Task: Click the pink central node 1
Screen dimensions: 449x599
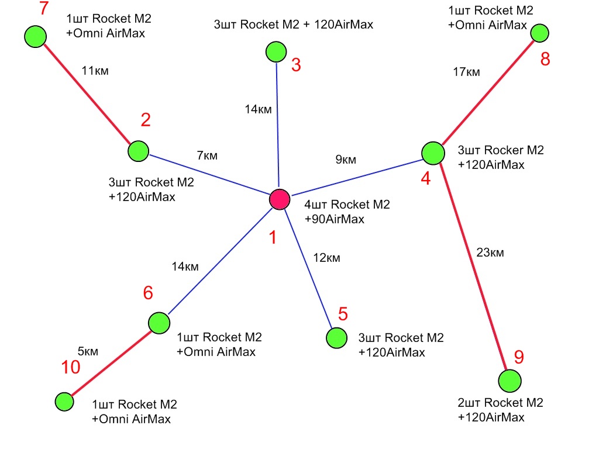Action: [x=280, y=199]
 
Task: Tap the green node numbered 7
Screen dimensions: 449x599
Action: [x=35, y=36]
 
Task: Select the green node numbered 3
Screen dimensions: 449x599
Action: [x=275, y=52]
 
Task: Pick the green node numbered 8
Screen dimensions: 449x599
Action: [x=539, y=33]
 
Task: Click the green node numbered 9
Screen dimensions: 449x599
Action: [x=510, y=381]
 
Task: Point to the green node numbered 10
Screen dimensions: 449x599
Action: [x=64, y=402]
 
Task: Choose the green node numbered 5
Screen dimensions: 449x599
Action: [x=336, y=338]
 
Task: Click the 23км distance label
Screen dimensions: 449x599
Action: [x=490, y=253]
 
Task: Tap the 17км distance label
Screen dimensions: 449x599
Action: [x=466, y=72]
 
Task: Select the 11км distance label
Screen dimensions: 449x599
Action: [x=96, y=71]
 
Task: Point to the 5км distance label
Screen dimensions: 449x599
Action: [x=88, y=351]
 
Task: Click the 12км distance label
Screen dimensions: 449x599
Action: [x=326, y=258]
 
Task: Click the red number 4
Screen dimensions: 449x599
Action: [x=425, y=178]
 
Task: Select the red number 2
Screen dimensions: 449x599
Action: [x=146, y=120]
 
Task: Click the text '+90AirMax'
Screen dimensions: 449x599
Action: [x=335, y=220]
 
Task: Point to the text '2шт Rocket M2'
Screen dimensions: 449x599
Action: [x=501, y=403]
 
